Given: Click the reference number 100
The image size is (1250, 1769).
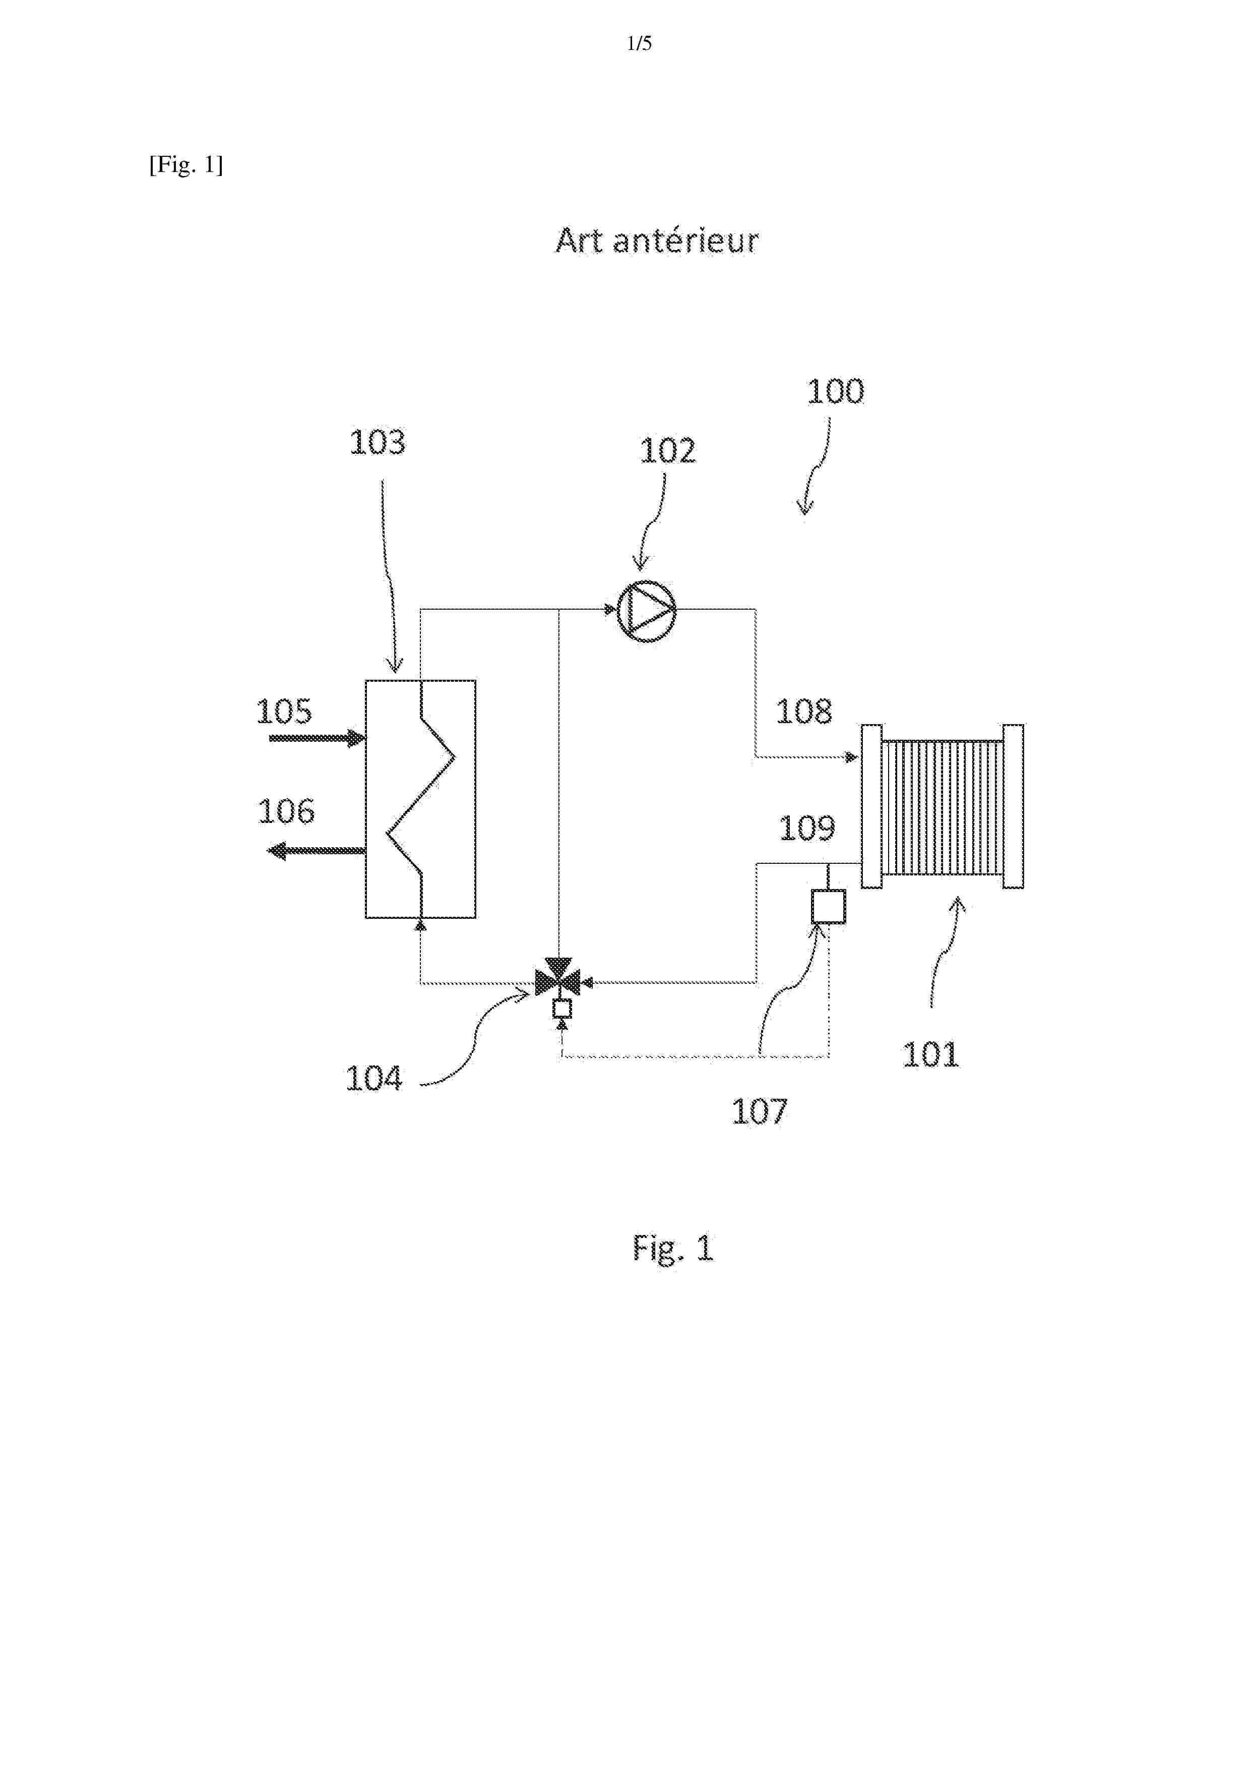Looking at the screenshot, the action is coord(836,391).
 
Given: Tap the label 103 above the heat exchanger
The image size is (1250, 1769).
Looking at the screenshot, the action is coord(378,442).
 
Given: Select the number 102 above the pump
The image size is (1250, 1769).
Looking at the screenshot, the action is coord(668,451).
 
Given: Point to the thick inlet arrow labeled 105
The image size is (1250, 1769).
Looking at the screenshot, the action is coord(318,738).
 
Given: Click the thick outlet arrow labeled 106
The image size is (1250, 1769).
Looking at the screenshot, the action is coord(316,851).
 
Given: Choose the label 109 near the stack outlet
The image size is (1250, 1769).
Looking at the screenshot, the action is coord(806,828).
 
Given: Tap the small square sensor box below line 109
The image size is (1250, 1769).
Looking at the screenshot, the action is coord(829,906).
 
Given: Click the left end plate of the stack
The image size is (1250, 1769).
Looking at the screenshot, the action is coord(872,807).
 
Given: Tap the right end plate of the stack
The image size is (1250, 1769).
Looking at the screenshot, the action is coord(1014,807).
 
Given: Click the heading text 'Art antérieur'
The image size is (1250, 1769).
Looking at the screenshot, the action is coord(657,241).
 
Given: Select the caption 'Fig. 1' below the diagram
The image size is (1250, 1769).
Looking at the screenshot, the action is coord(673,1248).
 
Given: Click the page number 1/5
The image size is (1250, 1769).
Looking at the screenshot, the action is coord(639,44).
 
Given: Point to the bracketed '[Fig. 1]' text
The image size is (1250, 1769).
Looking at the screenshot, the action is coord(186,165).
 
